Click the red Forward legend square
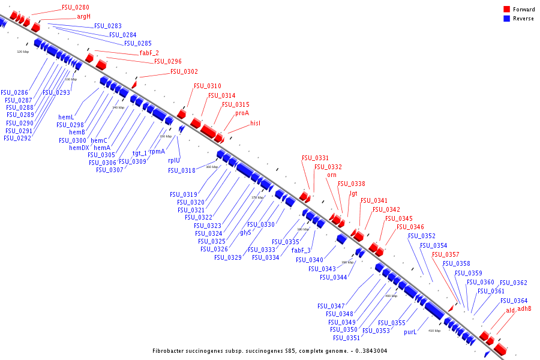[x=506, y=10]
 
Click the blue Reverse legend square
[x=506, y=19]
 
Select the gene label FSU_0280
[x=76, y=8]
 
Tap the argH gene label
[x=83, y=17]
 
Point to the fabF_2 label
[x=149, y=53]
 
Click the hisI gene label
[x=256, y=123]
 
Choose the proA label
[x=242, y=113]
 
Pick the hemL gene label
[x=66, y=117]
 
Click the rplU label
[x=174, y=160]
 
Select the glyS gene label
[x=245, y=232]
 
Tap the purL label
[x=410, y=331]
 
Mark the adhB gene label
[x=524, y=309]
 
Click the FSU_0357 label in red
[x=446, y=254]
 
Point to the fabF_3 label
[x=301, y=250]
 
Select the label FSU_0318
[x=182, y=170]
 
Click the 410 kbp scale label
[x=434, y=331]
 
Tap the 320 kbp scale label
[x=22, y=52]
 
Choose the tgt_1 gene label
[x=140, y=153]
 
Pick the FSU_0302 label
[x=184, y=71]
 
